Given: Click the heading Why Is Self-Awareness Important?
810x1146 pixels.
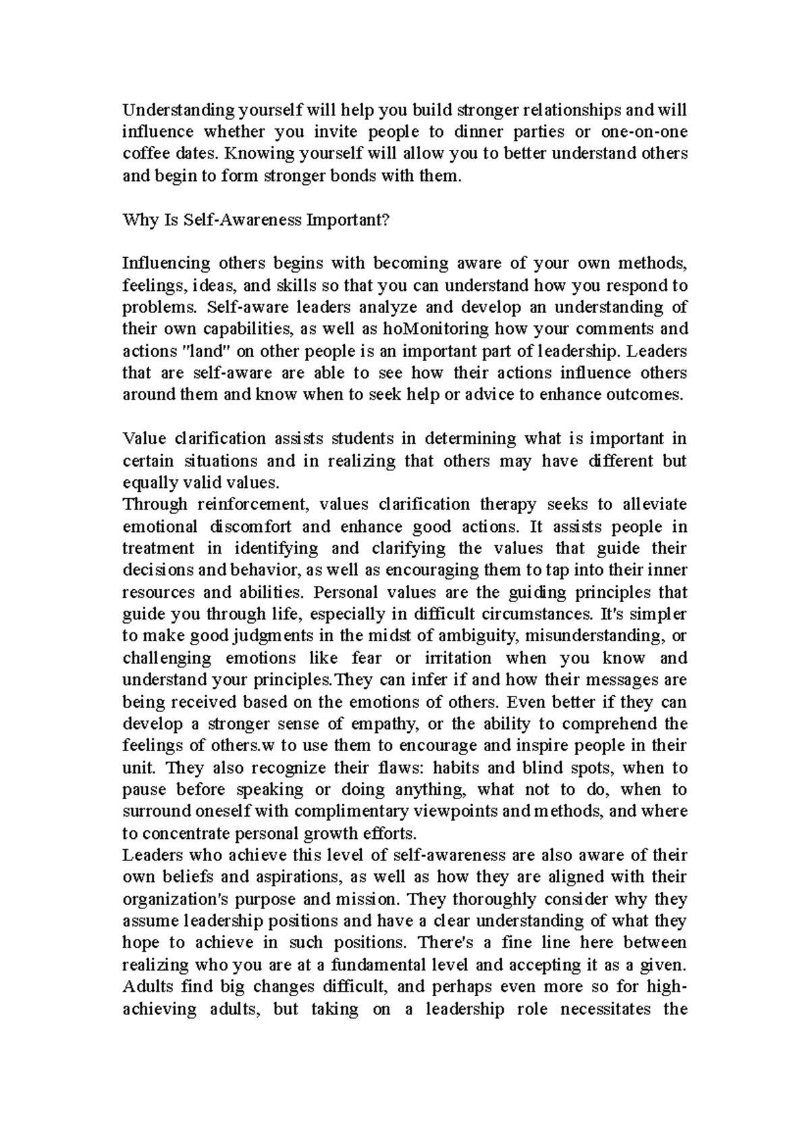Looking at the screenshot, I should tap(256, 220).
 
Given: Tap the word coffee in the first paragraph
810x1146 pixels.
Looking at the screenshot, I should tap(144, 154).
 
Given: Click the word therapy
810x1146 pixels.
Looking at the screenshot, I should tap(508, 505).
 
